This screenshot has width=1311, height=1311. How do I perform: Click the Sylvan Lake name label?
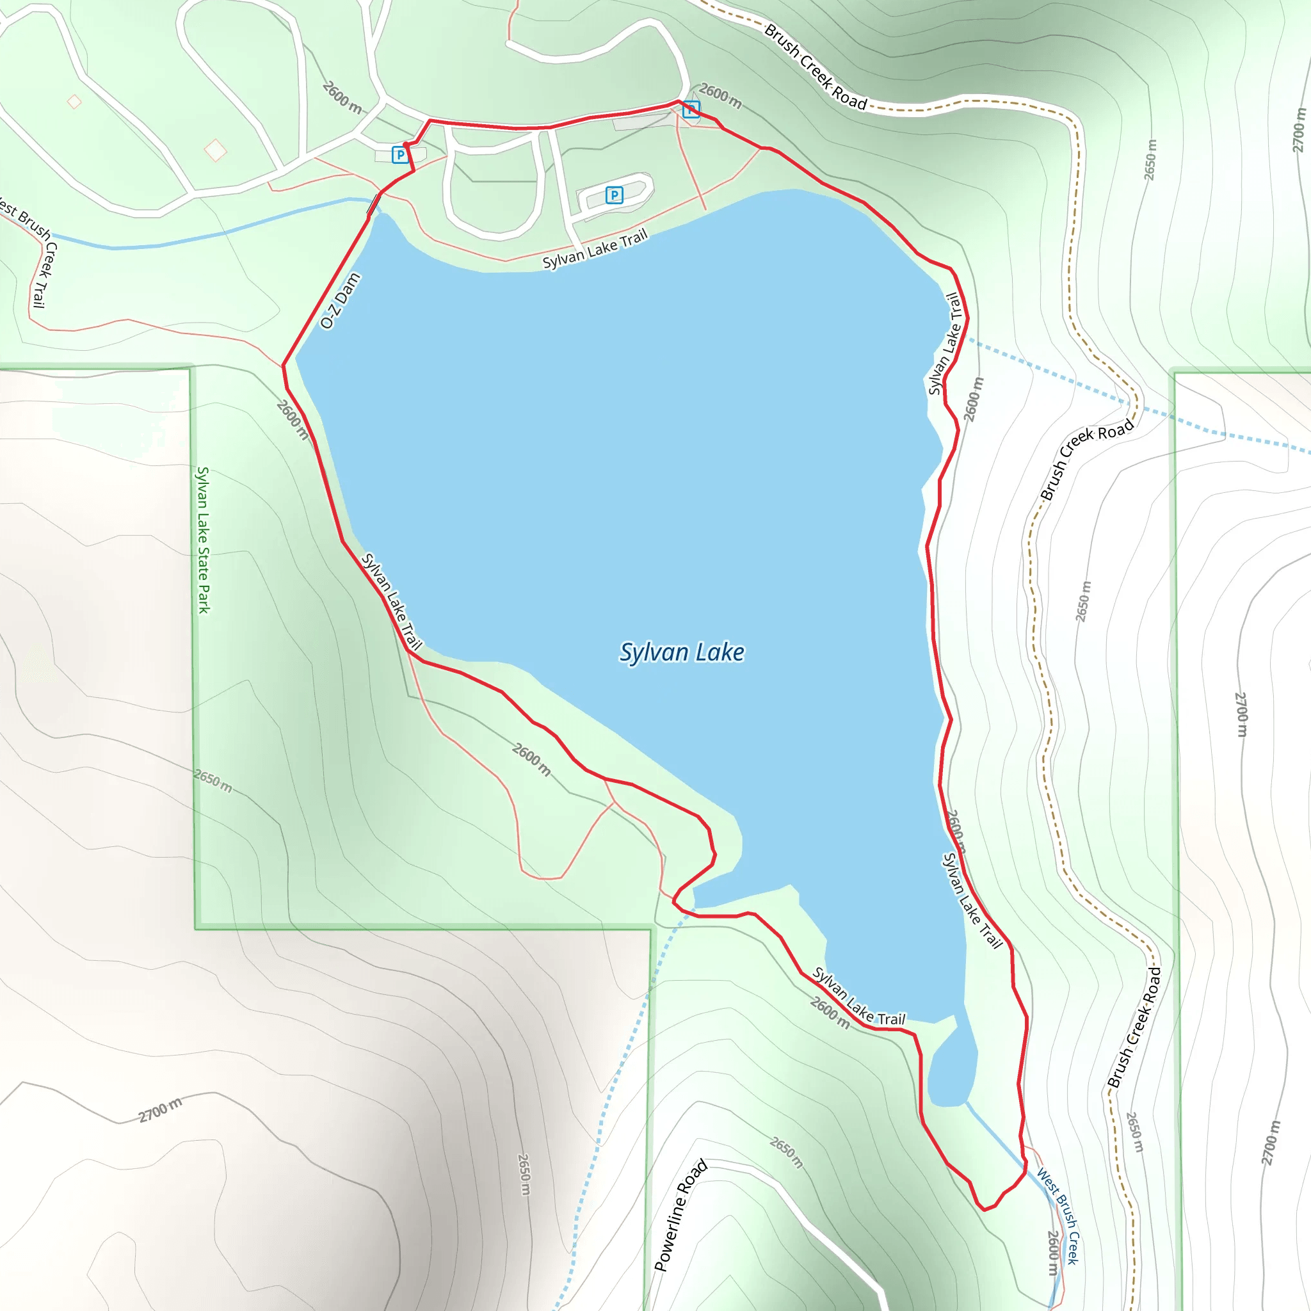(681, 652)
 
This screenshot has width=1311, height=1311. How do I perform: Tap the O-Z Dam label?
(340, 301)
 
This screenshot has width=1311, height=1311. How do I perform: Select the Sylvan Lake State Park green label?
(203, 540)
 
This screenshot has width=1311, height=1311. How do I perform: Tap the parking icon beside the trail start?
(400, 156)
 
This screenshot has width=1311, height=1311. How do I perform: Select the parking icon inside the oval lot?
(613, 195)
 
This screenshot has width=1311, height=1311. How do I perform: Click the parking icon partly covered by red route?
(691, 109)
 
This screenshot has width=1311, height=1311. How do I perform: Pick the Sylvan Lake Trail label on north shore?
(595, 249)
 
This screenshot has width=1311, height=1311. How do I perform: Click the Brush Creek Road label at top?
(816, 67)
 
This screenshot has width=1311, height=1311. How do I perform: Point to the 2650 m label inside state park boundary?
(213, 780)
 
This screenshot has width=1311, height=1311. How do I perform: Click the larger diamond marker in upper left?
(215, 150)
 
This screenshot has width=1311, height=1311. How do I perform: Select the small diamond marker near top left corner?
(75, 102)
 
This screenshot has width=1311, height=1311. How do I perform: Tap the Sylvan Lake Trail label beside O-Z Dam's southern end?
(392, 601)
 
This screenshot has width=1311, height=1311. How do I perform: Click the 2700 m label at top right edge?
(1298, 131)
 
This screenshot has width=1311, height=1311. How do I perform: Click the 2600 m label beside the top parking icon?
(721, 95)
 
